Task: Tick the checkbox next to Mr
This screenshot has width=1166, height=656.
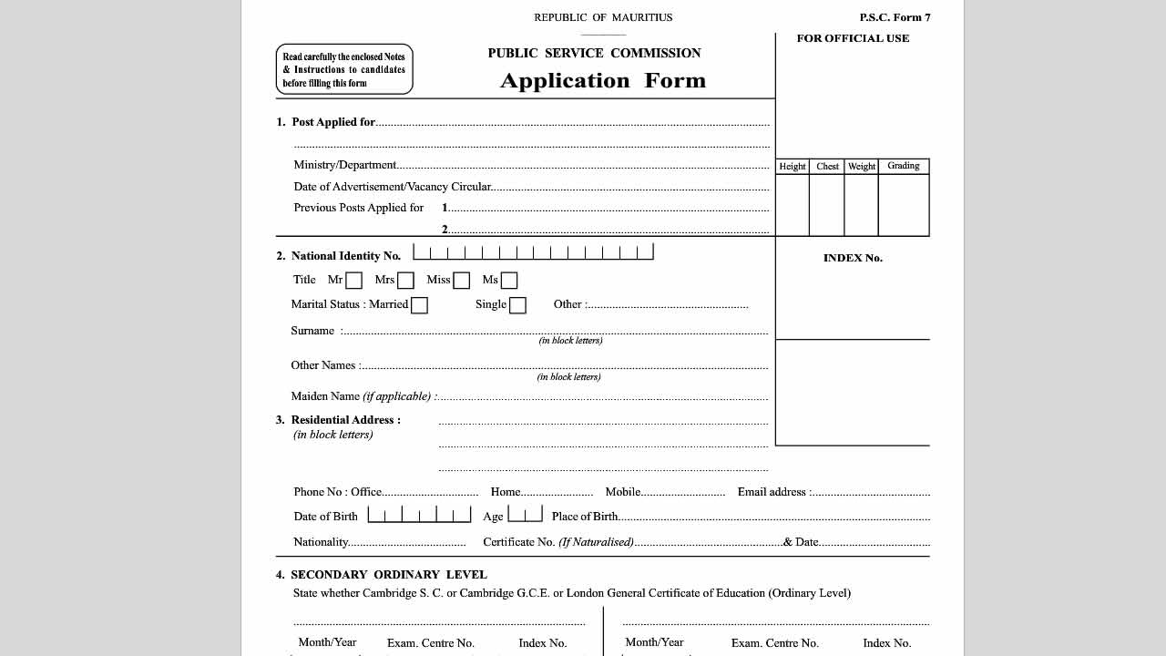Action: pos(353,281)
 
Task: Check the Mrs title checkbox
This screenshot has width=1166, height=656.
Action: pos(405,281)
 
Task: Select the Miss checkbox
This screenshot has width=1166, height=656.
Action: pos(461,281)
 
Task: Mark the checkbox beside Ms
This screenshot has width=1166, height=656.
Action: pos(509,281)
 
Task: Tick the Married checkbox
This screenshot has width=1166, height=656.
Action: pos(419,305)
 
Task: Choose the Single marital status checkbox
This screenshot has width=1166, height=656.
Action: pos(517,305)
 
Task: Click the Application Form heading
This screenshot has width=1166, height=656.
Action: pos(602,81)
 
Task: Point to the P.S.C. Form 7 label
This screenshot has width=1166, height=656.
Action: pos(895,17)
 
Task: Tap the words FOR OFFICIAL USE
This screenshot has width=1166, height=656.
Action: pos(853,38)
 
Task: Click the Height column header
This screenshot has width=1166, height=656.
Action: pos(792,167)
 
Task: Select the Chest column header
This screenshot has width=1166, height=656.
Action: pos(827,167)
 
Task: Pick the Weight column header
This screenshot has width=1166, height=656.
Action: pos(861,167)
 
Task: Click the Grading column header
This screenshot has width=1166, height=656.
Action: pos(903,166)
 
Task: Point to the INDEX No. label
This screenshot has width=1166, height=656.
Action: pos(853,258)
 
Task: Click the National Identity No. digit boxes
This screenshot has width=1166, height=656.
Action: pos(533,252)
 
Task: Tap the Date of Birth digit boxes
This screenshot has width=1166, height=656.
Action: pos(419,515)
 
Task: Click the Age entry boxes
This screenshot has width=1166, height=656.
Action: pos(525,514)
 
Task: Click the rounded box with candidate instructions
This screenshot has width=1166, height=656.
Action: pos(344,69)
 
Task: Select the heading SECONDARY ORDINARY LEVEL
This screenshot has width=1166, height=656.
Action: pos(389,575)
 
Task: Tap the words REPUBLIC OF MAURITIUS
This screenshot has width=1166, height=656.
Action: pos(603,17)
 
